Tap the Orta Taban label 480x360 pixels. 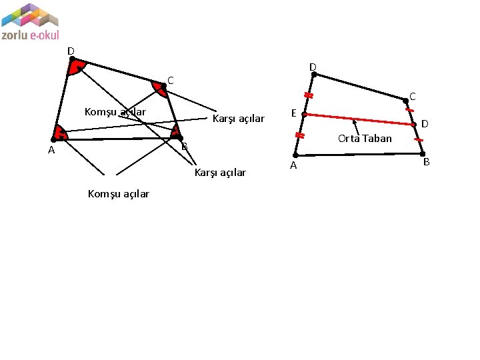pos(365,139)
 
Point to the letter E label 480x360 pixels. pos(293,113)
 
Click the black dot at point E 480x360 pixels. pos(304,115)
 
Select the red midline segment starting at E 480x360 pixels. pos(360,119)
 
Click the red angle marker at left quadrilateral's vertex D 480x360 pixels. pos(77,67)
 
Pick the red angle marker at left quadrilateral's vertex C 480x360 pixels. pos(159,89)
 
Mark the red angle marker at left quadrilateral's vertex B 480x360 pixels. pos(175,131)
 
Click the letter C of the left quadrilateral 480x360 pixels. pos(171,81)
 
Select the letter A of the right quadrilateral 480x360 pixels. pos(293,166)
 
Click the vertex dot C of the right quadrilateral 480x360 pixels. pos(405,101)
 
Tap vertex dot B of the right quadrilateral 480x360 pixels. pos(423,154)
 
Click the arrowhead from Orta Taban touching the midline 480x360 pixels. pos(354,121)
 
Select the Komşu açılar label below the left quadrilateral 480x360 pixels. pos(119,194)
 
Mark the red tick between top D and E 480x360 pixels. pos(309,95)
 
